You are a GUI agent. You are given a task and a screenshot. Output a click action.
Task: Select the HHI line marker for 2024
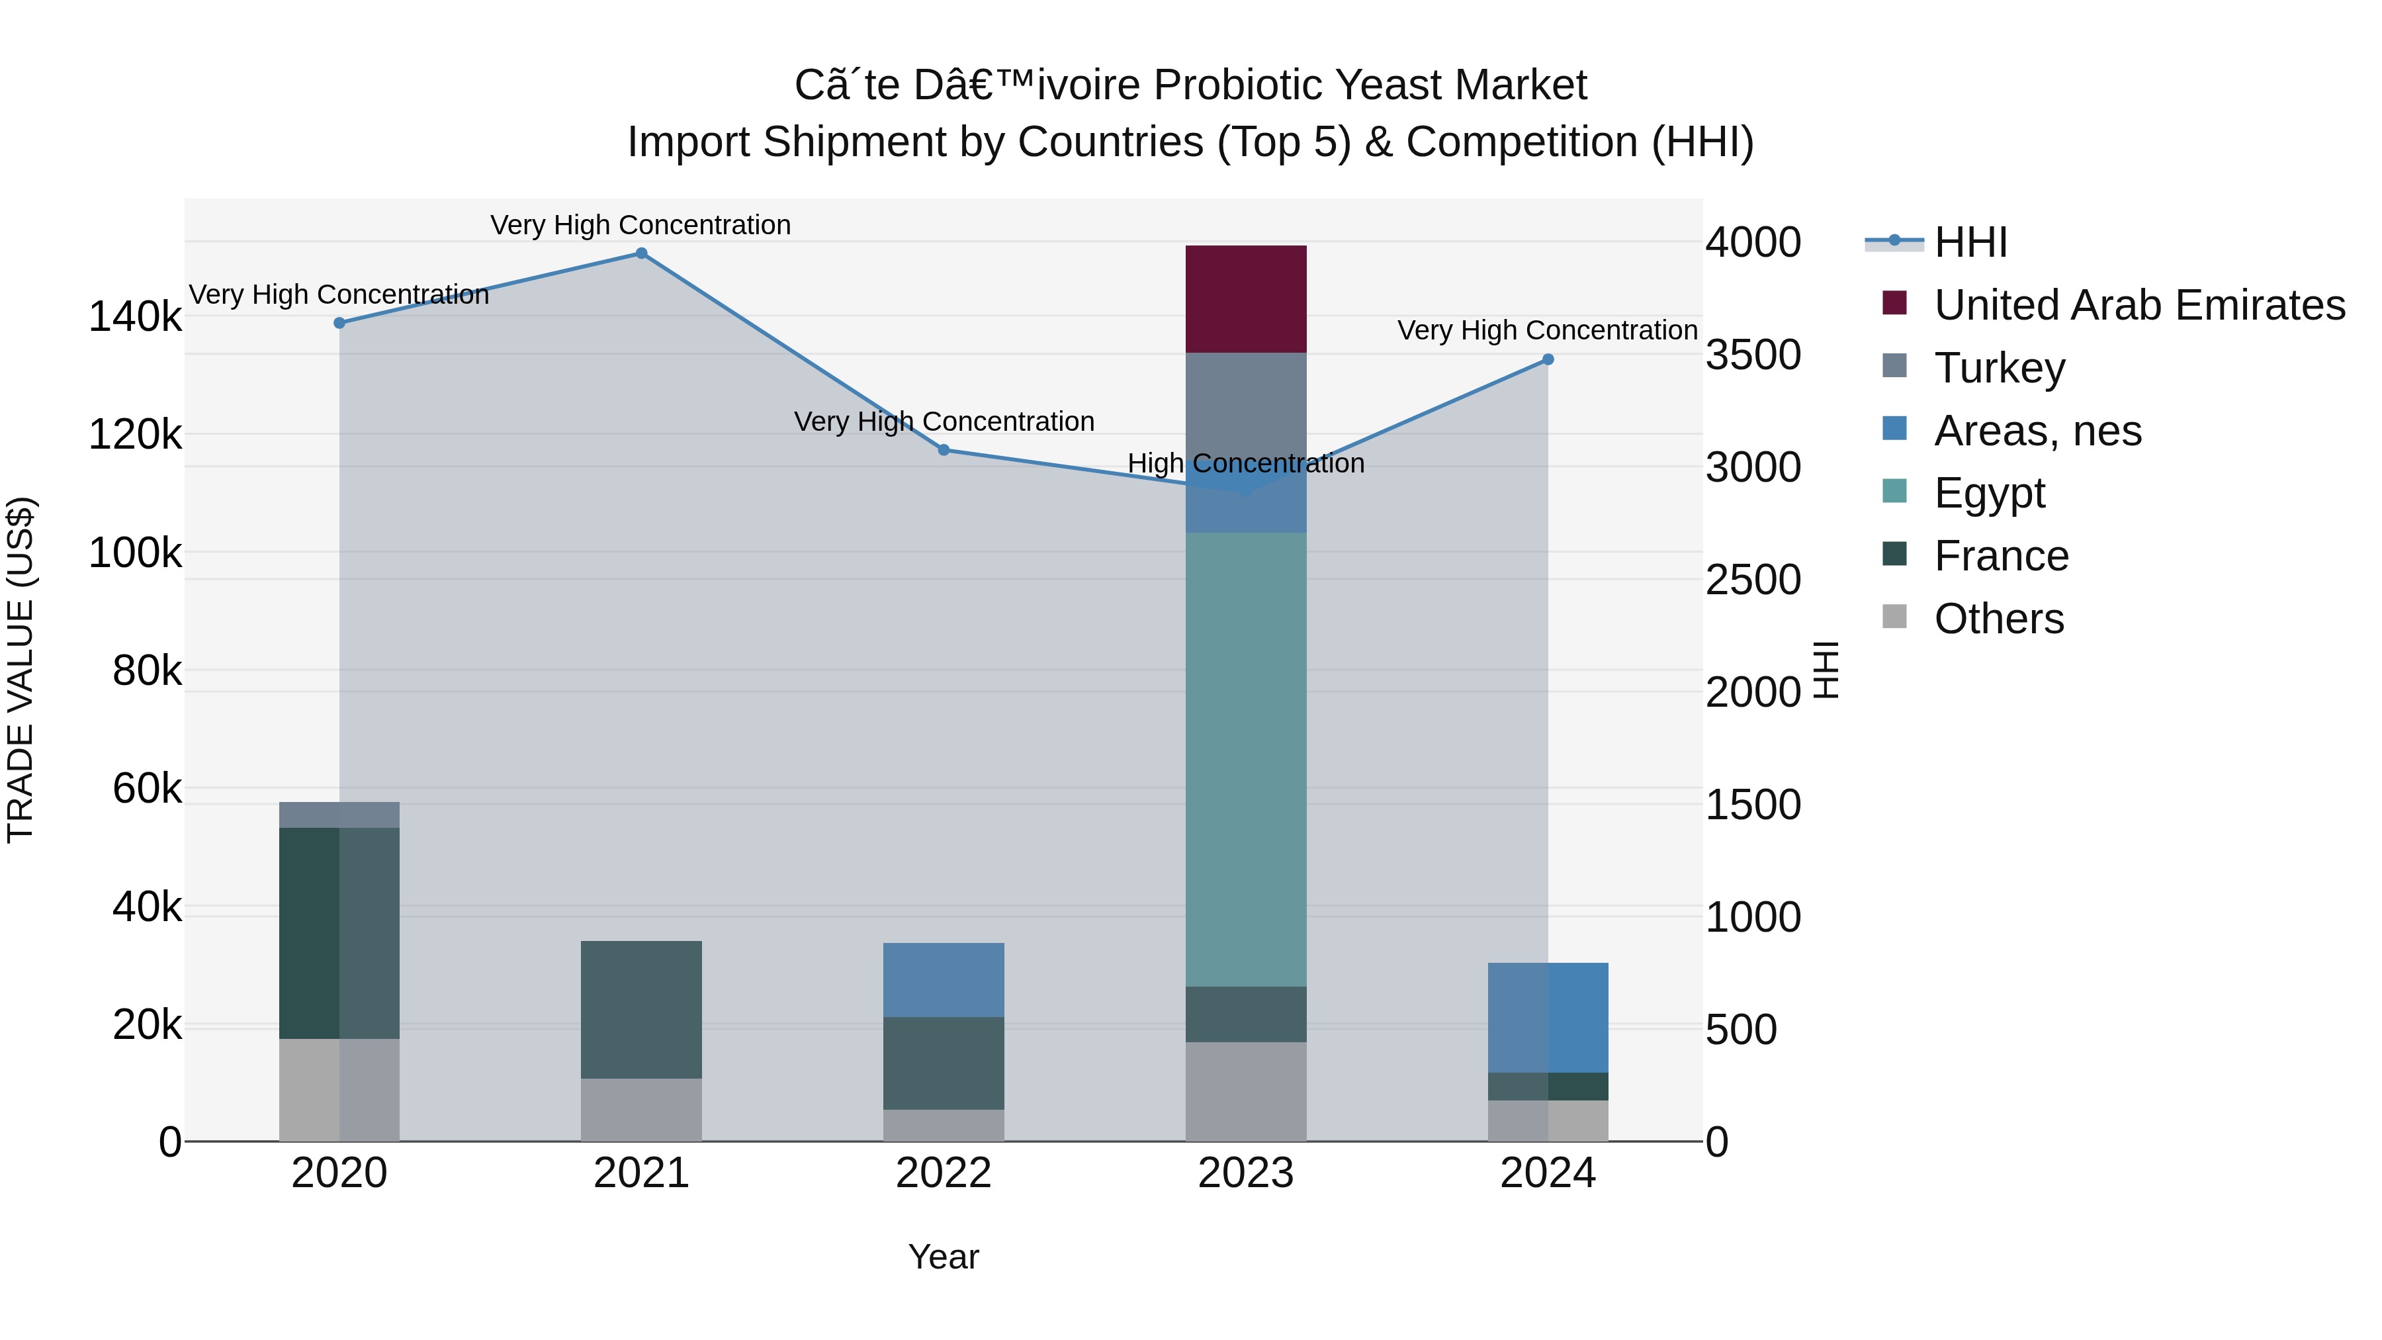[x=1548, y=360]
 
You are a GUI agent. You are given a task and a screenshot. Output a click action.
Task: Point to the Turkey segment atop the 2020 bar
[x=339, y=815]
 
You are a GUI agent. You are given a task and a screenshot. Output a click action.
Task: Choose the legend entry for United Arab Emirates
[x=2138, y=305]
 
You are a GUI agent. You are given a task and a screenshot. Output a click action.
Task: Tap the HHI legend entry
[x=1970, y=242]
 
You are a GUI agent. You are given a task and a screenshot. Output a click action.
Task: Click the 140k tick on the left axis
[x=135, y=317]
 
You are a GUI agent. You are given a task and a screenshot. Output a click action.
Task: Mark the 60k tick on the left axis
[x=147, y=789]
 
